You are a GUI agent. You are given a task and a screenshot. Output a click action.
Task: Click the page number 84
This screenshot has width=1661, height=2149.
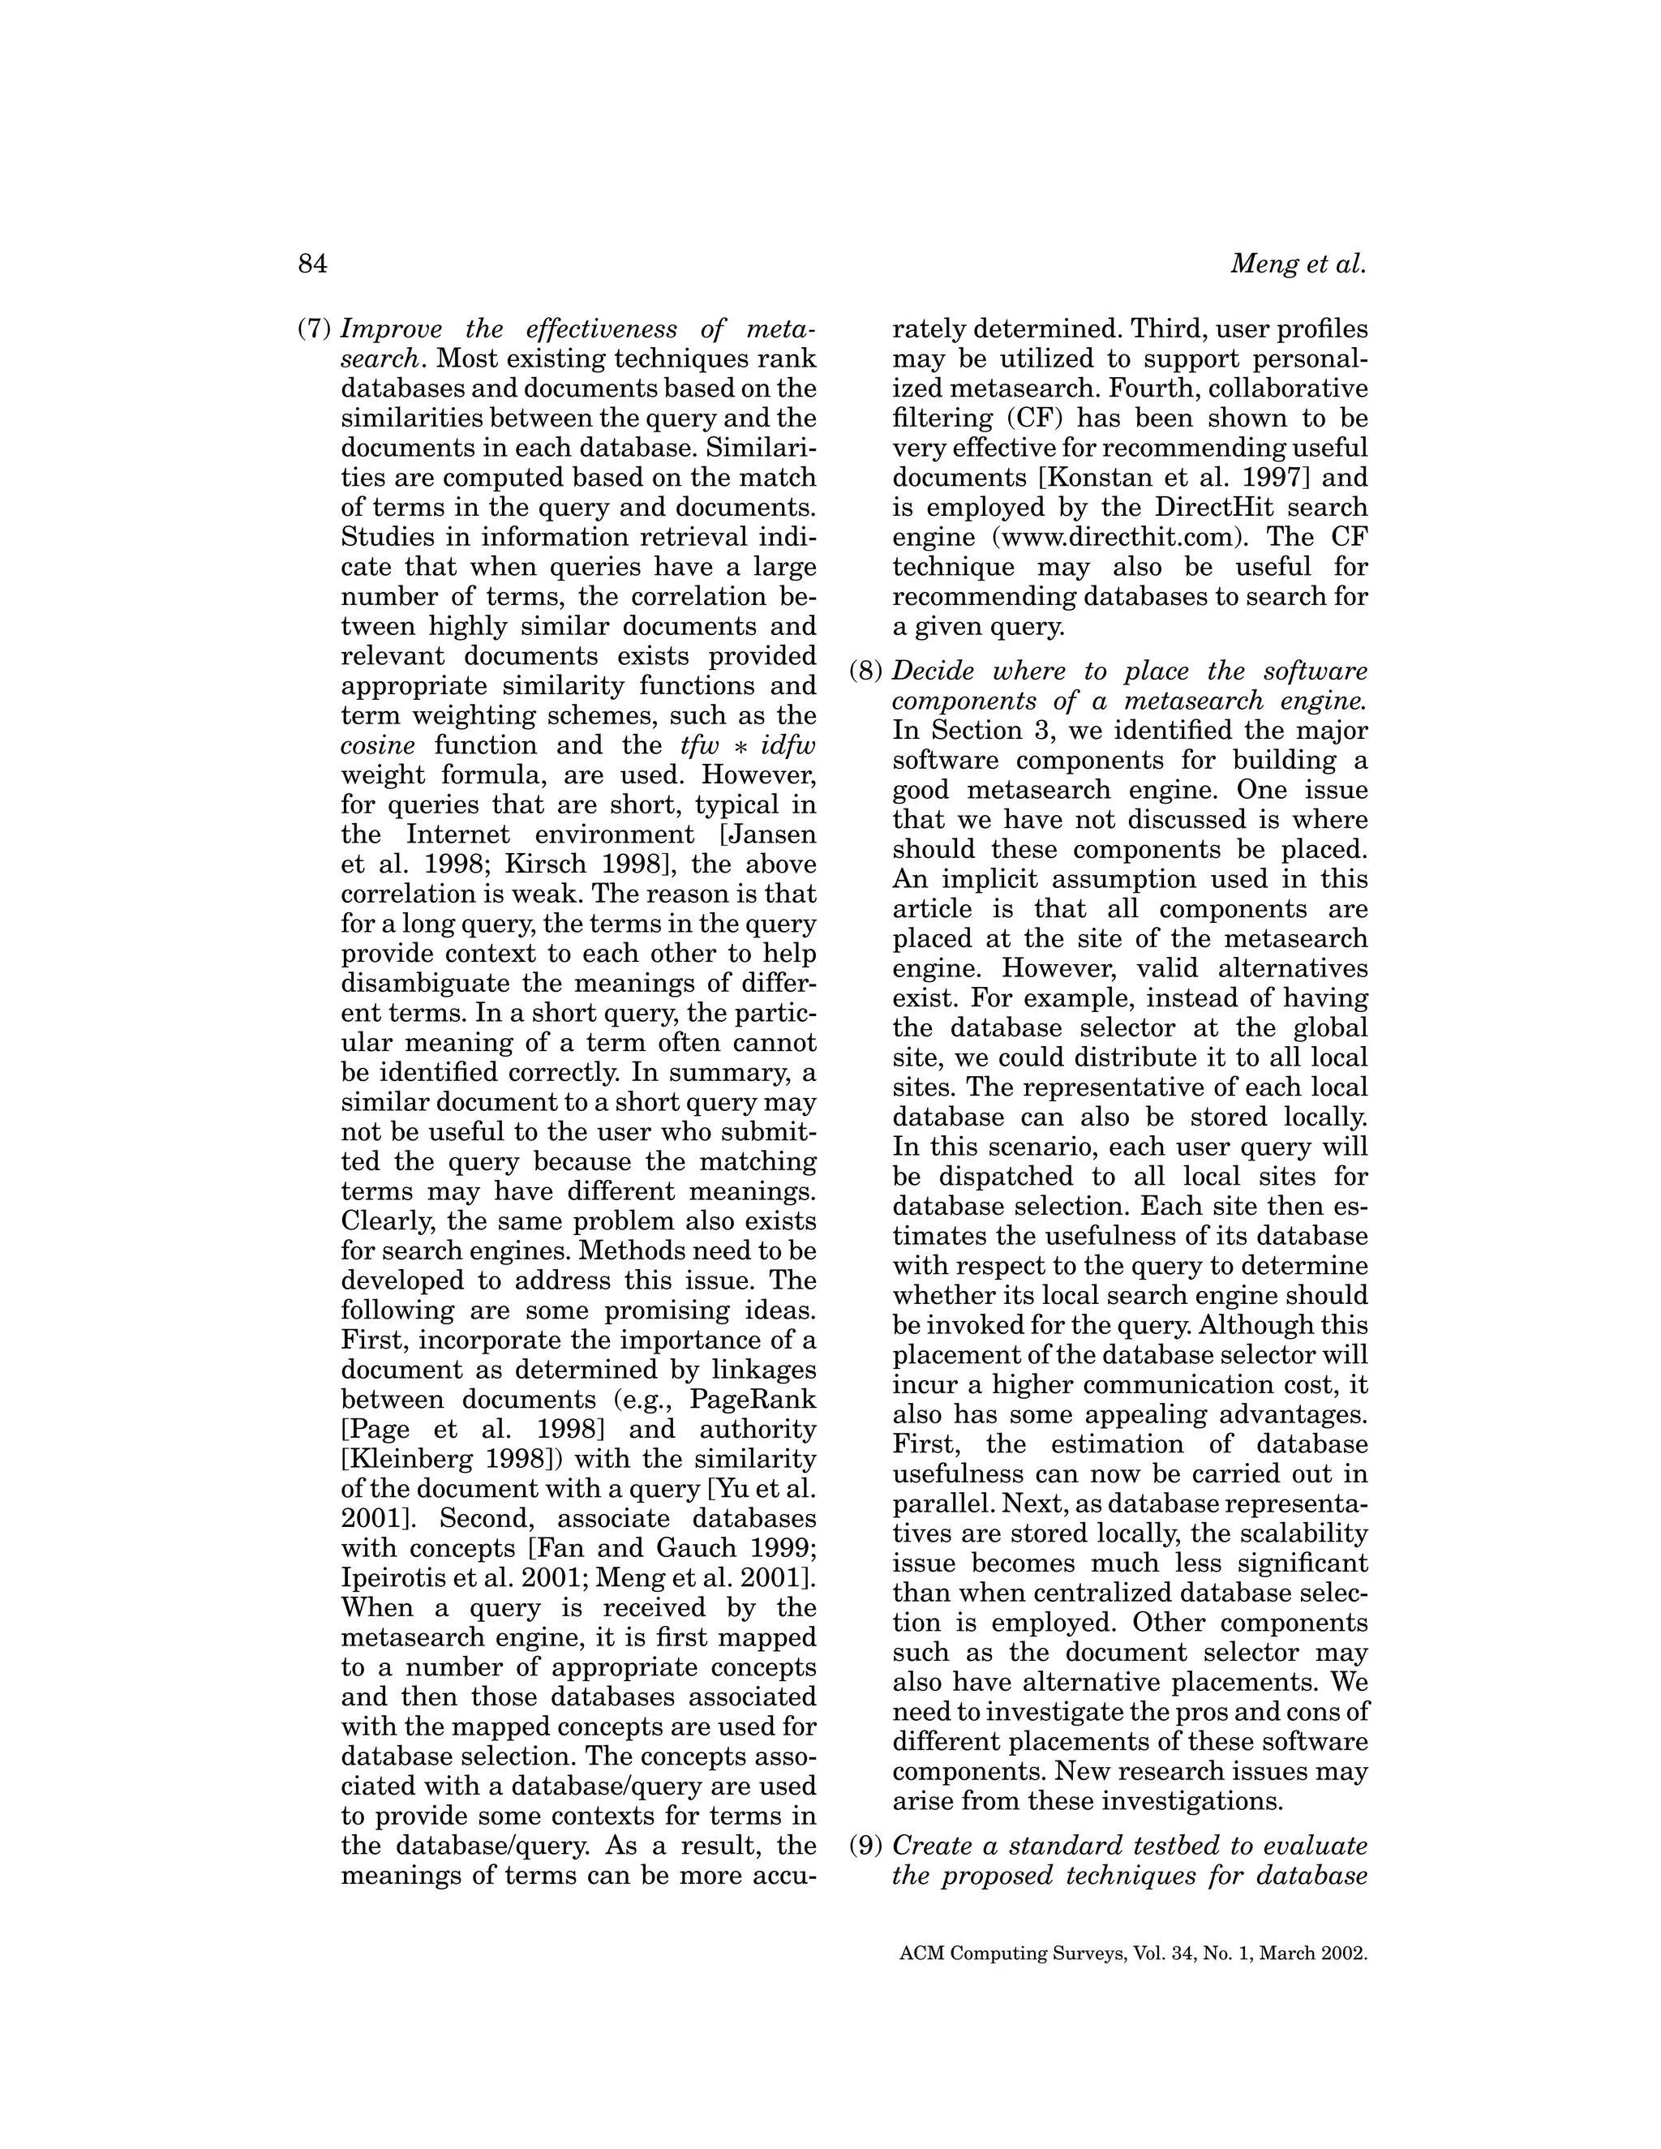312,264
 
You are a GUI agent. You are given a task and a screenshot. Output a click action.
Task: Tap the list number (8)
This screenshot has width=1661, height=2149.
867,672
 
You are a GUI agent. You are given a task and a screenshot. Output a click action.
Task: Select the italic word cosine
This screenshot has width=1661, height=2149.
377,745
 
